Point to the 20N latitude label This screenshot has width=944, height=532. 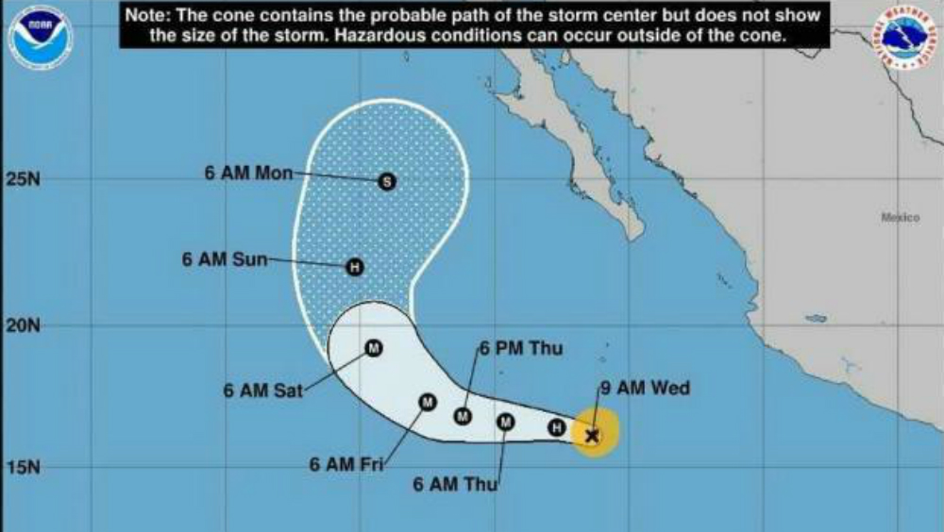(22, 325)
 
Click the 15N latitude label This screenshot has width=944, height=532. (22, 467)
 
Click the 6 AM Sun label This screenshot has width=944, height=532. (226, 258)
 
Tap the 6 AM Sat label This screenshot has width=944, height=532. (263, 389)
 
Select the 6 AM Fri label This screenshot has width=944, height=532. (345, 464)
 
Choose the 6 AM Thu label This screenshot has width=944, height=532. (454, 485)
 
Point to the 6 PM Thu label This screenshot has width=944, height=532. (522, 349)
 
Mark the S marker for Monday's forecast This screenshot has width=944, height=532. (385, 182)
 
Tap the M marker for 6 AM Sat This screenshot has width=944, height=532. (372, 348)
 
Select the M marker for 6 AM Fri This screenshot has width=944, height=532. (427, 403)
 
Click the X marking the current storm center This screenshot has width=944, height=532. (592, 435)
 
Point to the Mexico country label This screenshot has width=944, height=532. (900, 218)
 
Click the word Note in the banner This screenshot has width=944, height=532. (148, 16)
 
